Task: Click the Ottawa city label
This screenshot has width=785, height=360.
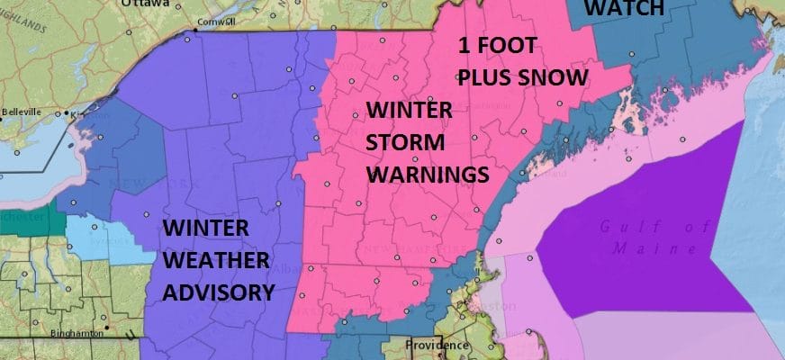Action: click(x=146, y=4)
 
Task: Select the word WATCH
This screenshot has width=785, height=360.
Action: click(x=624, y=9)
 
